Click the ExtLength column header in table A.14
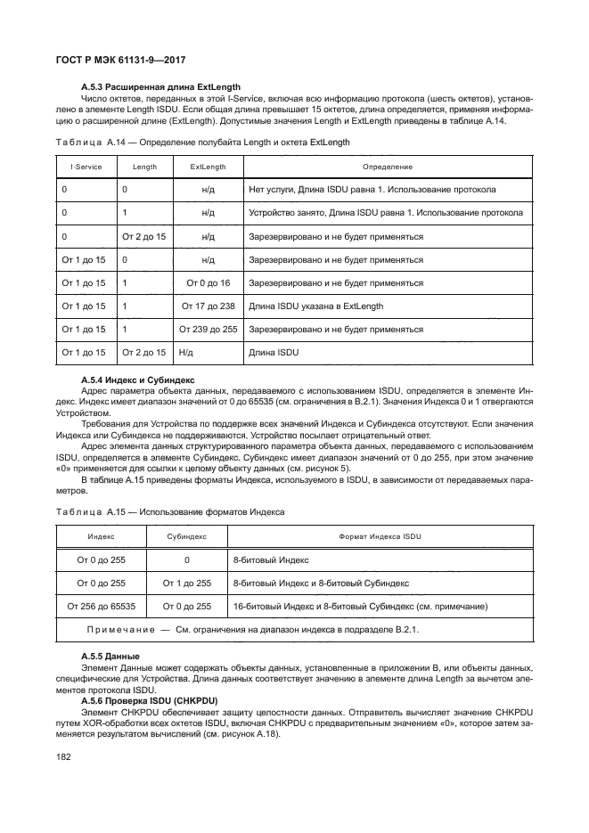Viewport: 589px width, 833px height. pyautogui.click(x=208, y=167)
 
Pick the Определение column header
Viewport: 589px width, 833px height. pyautogui.click(x=388, y=167)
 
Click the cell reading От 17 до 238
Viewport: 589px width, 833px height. pyautogui.click(x=208, y=306)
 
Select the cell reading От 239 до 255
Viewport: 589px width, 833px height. pyautogui.click(x=208, y=329)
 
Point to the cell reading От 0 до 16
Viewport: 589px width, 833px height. pyautogui.click(x=208, y=282)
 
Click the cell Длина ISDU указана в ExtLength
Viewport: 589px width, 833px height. pyautogui.click(x=316, y=306)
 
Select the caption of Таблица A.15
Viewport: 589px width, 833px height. pyautogui.click(x=170, y=512)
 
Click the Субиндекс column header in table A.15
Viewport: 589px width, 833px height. pyautogui.click(x=187, y=537)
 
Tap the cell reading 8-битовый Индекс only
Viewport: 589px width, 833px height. pyautogui.click(x=270, y=560)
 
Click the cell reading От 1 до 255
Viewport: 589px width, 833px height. pyautogui.click(x=187, y=584)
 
